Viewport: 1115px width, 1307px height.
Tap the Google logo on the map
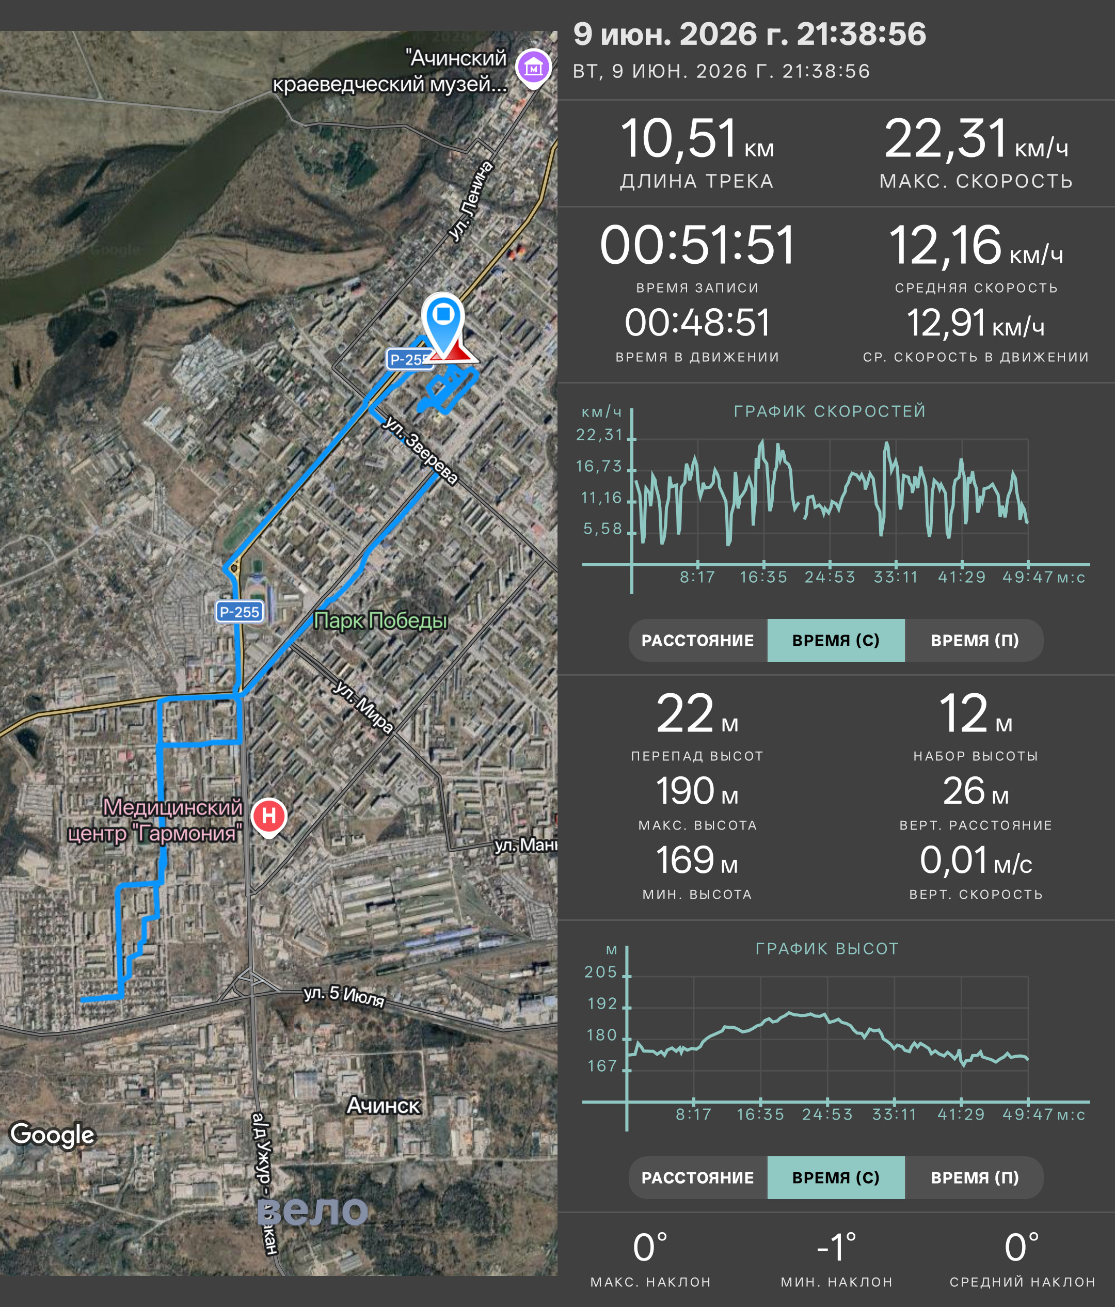point(52,1134)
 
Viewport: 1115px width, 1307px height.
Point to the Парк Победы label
point(381,620)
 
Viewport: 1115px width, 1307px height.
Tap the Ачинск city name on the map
point(384,1105)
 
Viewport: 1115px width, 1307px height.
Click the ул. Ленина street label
point(471,201)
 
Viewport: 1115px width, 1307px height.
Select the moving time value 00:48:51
point(697,323)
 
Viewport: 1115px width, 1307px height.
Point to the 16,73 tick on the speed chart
point(599,466)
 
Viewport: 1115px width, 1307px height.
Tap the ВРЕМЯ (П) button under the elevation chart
point(975,1177)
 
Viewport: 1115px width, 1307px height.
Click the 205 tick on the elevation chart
point(601,972)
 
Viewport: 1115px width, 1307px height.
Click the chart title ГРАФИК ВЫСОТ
point(827,949)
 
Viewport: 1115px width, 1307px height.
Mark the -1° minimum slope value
point(836,1247)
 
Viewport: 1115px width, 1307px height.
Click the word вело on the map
point(313,1210)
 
